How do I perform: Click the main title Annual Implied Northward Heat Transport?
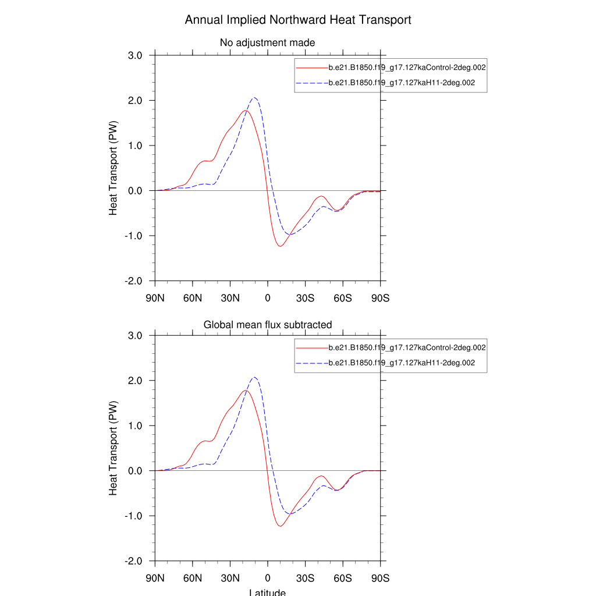(298, 20)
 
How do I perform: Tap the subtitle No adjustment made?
(267, 42)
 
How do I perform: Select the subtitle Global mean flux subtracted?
(267, 324)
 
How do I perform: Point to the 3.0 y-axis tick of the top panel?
(138, 55)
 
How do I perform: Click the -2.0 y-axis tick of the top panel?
(136, 281)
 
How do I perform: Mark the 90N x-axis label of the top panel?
(155, 299)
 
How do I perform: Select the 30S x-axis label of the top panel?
(305, 299)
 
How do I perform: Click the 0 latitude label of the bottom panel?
(268, 579)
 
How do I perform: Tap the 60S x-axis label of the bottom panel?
(343, 579)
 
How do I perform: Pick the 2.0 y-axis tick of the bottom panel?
(138, 381)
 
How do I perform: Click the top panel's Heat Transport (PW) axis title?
(113, 168)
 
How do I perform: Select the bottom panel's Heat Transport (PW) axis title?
(113, 448)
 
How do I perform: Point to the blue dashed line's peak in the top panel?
(254, 98)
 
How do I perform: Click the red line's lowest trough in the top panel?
(280, 246)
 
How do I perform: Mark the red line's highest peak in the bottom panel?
(245, 391)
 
